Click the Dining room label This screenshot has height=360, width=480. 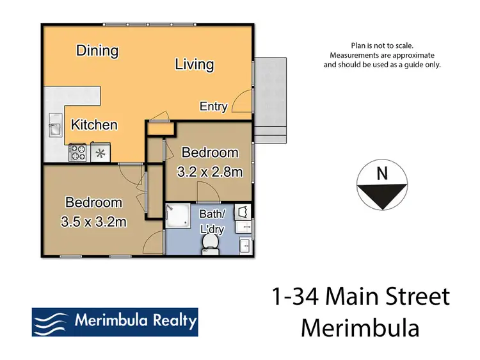97,51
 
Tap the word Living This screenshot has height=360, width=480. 194,65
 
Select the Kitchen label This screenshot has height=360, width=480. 94,125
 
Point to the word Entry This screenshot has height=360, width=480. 213,106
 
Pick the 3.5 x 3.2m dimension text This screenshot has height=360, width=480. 93,222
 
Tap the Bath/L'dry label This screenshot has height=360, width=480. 212,221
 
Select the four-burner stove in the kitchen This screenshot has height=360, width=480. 78,152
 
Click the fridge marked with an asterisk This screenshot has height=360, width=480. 100,152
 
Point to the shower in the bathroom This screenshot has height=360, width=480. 179,217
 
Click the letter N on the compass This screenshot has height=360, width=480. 382,173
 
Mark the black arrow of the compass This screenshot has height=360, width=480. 383,195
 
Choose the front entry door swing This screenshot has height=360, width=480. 241,102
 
